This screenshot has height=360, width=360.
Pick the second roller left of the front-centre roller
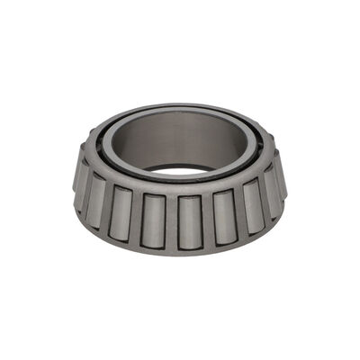point(121,212)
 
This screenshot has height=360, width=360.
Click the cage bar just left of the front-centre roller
point(172,221)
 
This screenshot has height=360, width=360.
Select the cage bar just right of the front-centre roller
point(207,220)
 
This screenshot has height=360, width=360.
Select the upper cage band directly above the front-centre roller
point(189,188)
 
